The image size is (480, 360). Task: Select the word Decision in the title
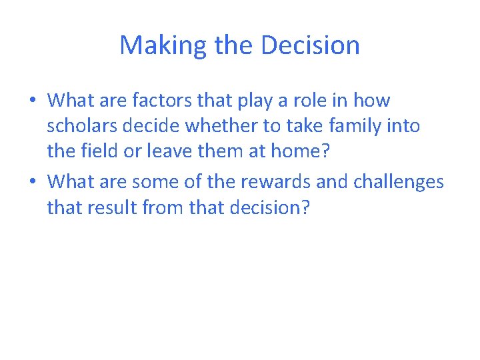pyautogui.click(x=310, y=45)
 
